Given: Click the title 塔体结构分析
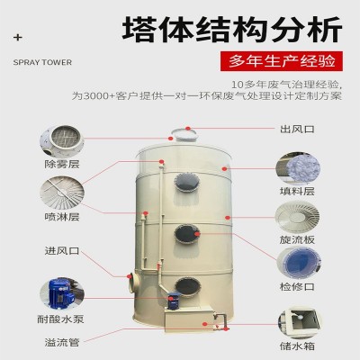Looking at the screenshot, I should coord(232,31).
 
